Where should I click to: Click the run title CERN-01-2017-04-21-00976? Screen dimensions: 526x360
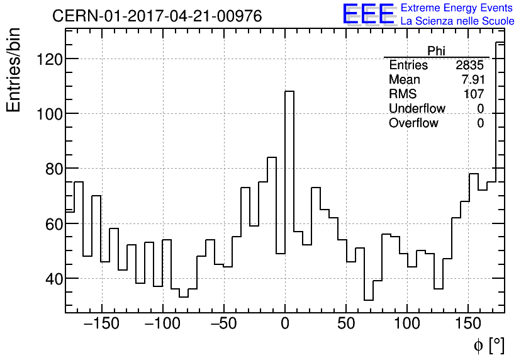(157, 16)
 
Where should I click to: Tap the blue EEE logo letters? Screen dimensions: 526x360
(368, 14)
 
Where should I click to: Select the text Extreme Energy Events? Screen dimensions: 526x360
(457, 8)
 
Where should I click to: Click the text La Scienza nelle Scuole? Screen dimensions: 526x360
(457, 21)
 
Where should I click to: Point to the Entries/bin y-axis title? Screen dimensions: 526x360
(14, 70)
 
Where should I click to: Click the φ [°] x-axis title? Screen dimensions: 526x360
(489, 345)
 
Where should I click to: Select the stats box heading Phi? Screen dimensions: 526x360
(436, 51)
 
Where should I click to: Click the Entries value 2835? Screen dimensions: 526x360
(469, 65)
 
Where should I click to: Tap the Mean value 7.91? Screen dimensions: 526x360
(473, 79)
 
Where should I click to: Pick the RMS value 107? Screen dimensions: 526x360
(474, 94)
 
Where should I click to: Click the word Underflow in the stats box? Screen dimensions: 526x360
(417, 108)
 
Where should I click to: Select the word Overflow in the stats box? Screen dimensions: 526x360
(413, 123)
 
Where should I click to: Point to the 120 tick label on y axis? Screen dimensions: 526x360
(49, 59)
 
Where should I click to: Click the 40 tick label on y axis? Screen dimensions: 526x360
(53, 279)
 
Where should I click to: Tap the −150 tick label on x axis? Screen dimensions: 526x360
(101, 323)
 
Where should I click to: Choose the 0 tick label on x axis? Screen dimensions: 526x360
(285, 323)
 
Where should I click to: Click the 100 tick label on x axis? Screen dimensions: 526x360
(407, 323)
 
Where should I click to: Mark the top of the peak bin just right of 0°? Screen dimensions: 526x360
(289, 91)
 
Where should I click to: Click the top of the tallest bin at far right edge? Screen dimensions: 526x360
(500, 42)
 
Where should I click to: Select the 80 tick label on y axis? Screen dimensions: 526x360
(53, 169)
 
